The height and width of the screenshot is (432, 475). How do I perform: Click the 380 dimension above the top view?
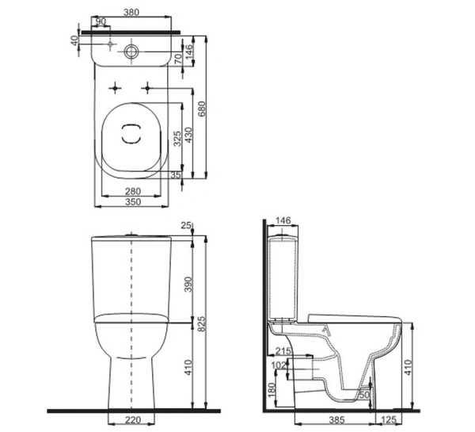pyautogui.click(x=131, y=12)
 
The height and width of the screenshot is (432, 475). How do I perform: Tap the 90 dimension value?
pyautogui.click(x=101, y=21)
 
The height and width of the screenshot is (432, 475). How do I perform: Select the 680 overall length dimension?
pyautogui.click(x=201, y=109)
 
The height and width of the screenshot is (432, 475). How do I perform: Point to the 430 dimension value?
pyautogui.click(x=188, y=135)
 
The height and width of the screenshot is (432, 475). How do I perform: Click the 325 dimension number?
pyautogui.click(x=177, y=139)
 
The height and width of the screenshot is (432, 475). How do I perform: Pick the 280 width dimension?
pyautogui.click(x=133, y=191)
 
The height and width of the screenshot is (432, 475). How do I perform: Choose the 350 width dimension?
pyautogui.click(x=133, y=202)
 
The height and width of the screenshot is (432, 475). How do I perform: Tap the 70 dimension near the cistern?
pyautogui.click(x=179, y=58)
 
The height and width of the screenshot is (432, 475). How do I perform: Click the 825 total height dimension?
pyautogui.click(x=201, y=323)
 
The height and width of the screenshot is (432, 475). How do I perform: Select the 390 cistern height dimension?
pyautogui.click(x=188, y=285)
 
